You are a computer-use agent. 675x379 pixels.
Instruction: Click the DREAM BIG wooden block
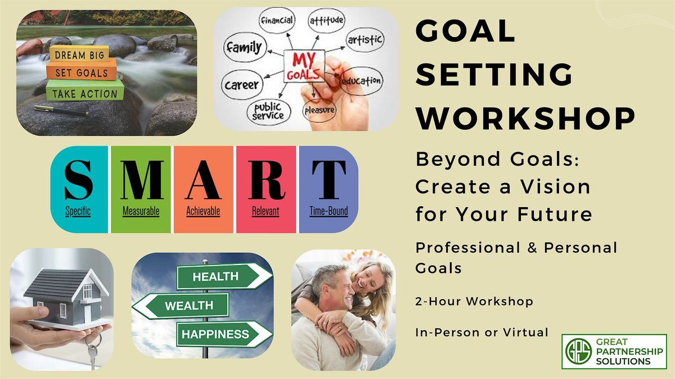point(79,54)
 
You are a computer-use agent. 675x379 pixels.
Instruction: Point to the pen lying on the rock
point(61,110)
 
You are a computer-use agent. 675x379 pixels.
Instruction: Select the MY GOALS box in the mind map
point(304,66)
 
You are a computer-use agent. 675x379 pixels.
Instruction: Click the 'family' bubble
point(245,47)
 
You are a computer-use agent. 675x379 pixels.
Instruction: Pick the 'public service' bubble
point(269,112)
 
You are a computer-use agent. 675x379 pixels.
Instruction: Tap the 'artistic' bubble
point(365,40)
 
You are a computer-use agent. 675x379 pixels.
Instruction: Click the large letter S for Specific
point(78,180)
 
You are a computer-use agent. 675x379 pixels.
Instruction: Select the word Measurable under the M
point(141,211)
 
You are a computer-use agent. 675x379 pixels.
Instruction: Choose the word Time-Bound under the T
point(328,211)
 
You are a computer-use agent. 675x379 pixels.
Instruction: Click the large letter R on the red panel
point(267,180)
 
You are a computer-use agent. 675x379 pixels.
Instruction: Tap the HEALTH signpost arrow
point(224,276)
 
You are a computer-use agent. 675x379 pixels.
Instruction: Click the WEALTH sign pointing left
point(181,306)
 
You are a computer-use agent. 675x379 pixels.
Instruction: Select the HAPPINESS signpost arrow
point(224,334)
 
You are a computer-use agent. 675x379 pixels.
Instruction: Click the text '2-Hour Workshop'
point(474,301)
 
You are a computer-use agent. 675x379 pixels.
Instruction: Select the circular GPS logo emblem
point(578,351)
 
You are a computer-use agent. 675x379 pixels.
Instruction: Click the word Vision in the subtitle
point(555,186)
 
